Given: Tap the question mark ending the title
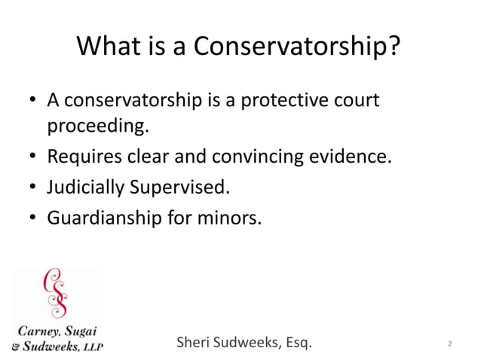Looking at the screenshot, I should pos(392,47).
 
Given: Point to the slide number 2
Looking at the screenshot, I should pos(449,345).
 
